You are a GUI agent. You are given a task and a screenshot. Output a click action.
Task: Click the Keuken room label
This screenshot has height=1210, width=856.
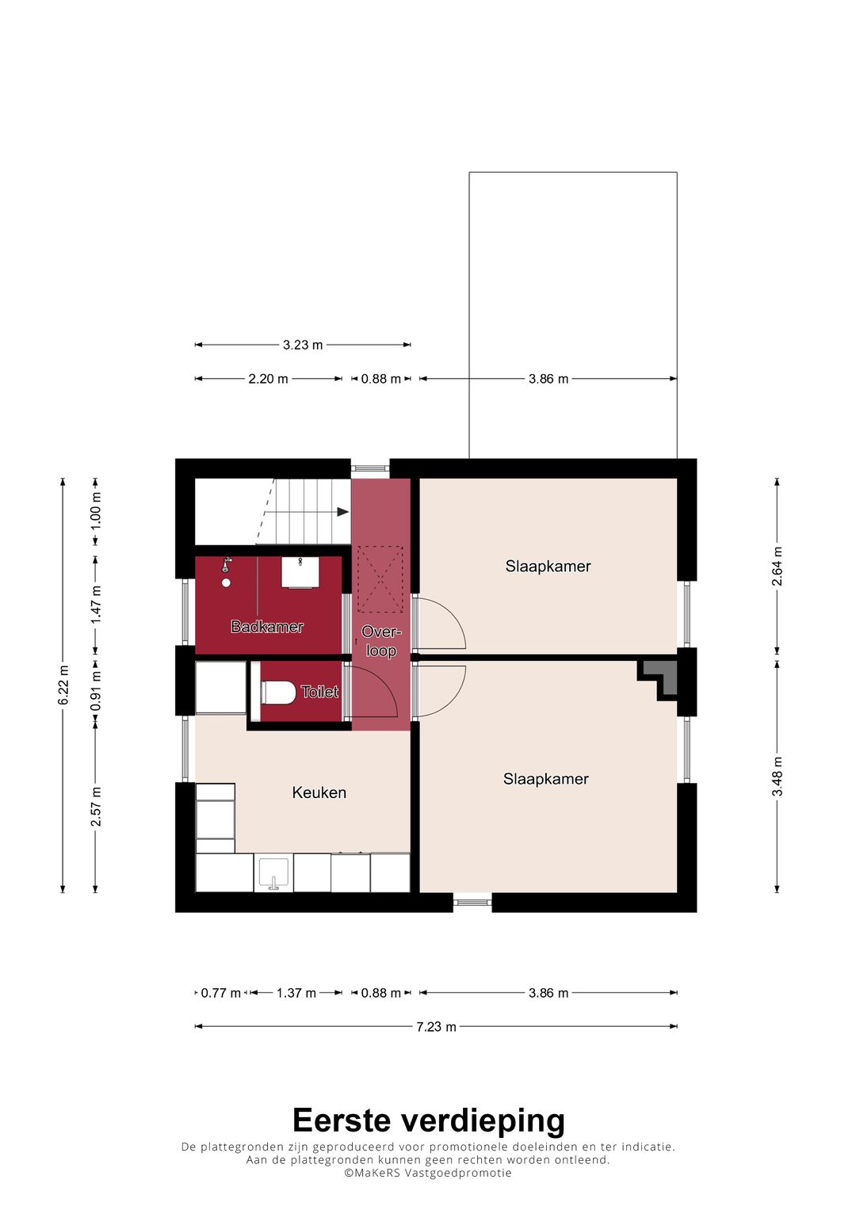tap(319, 792)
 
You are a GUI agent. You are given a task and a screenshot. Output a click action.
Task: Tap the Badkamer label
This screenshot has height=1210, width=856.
tap(267, 627)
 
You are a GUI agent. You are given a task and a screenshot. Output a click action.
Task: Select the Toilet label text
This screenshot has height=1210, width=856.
tap(319, 692)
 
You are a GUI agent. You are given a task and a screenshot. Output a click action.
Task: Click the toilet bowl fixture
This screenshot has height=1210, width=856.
tap(277, 692)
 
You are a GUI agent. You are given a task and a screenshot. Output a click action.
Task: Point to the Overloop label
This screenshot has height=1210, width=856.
tap(380, 641)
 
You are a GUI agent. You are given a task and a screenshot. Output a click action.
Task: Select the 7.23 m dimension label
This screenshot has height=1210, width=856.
tap(436, 1027)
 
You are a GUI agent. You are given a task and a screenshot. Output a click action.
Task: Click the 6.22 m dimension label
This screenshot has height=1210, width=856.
tap(63, 685)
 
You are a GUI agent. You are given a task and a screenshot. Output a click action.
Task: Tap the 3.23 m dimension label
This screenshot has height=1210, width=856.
tap(303, 345)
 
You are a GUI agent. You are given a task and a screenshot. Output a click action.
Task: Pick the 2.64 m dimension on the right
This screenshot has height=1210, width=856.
tap(777, 567)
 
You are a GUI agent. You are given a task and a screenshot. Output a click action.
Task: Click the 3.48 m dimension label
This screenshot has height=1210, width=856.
tap(777, 777)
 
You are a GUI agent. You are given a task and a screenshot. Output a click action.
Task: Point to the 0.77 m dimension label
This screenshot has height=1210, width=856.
tap(220, 993)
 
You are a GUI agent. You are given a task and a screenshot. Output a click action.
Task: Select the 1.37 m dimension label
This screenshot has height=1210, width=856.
tap(296, 993)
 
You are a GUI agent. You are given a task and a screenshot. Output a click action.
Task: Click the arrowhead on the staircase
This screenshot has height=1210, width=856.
tap(342, 512)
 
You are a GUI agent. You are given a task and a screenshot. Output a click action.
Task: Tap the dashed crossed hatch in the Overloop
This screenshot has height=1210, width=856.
tap(380, 579)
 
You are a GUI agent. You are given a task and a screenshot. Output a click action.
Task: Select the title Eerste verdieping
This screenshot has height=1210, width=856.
tap(428, 1120)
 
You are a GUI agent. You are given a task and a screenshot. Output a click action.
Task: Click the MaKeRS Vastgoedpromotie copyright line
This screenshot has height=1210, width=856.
tap(428, 1173)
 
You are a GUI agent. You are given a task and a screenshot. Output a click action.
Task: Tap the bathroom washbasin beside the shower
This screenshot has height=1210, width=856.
tap(300, 572)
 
